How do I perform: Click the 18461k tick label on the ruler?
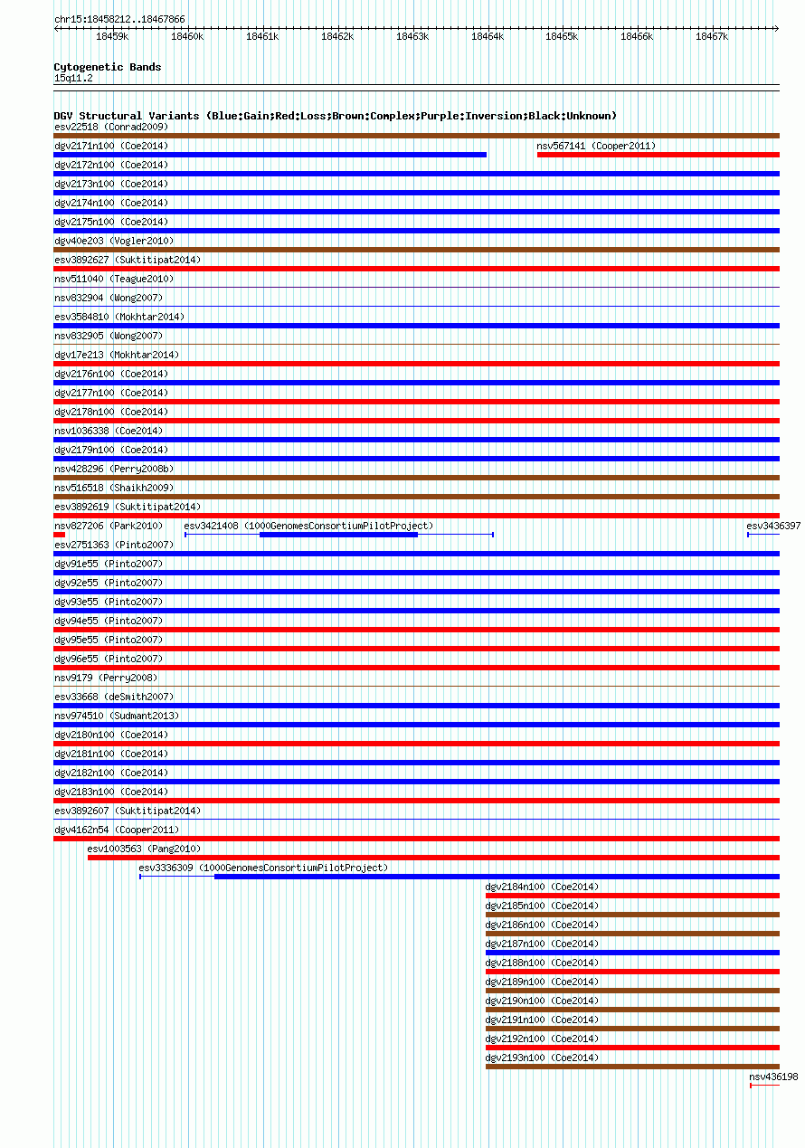tap(262, 37)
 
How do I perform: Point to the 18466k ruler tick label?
tap(637, 37)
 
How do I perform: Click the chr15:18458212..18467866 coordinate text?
tap(119, 19)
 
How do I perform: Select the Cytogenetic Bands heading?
tap(108, 67)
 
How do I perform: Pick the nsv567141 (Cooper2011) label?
tap(596, 146)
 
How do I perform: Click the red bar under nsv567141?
tap(658, 155)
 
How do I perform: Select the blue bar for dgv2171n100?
tap(270, 155)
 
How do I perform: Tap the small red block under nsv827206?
tap(60, 535)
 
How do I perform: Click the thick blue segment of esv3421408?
tap(338, 535)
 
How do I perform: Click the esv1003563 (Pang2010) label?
tap(144, 849)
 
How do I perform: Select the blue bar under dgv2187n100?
tap(632, 953)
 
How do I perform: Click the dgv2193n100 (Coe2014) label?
tap(542, 1058)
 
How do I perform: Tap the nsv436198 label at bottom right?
tap(773, 1077)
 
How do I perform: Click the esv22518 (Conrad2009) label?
tap(111, 127)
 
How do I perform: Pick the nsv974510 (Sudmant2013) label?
tap(117, 716)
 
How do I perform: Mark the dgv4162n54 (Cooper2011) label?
tap(117, 830)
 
